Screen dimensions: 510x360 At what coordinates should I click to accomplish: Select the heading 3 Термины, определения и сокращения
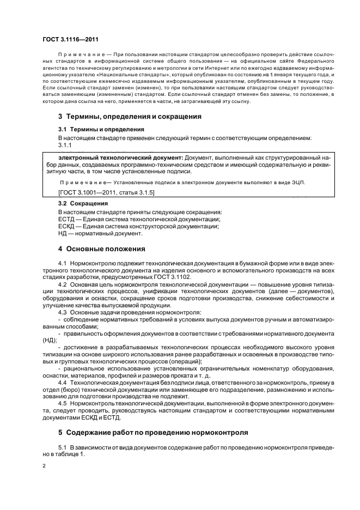pos(130,117)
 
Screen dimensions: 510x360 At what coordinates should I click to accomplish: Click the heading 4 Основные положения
pos(101,250)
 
